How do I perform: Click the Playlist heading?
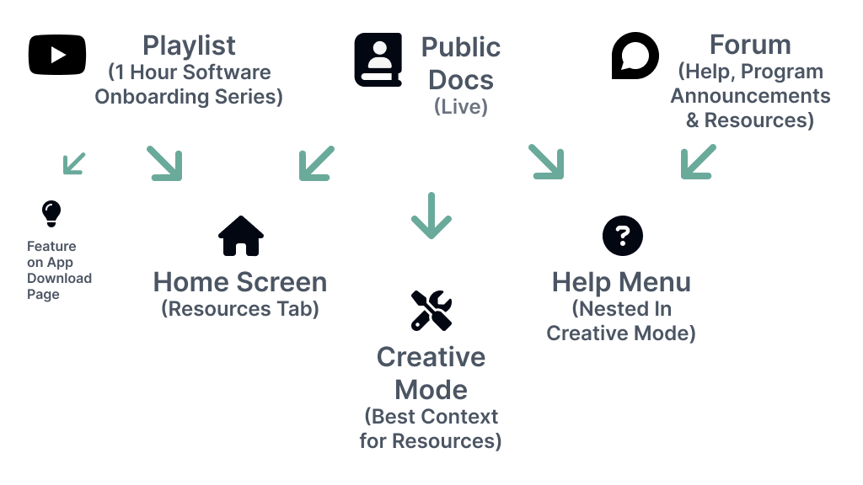pos(189,45)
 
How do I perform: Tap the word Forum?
pos(749,45)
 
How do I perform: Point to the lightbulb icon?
pos(52,213)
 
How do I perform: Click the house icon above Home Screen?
pos(240,236)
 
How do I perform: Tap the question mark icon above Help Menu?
pos(623,236)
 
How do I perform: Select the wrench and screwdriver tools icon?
pos(431,311)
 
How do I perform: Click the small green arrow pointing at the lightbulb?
pos(74,163)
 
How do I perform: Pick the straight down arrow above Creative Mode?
pos(431,216)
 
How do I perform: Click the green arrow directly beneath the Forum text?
pos(698,162)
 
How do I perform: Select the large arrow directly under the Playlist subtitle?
pos(164,163)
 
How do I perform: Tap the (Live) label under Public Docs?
pos(461,108)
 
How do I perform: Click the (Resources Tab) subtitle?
pos(240,309)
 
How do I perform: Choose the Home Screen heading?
pos(240,281)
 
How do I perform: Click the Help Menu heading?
pos(621,281)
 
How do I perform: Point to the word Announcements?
pos(750,96)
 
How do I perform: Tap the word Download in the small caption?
pos(59,279)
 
